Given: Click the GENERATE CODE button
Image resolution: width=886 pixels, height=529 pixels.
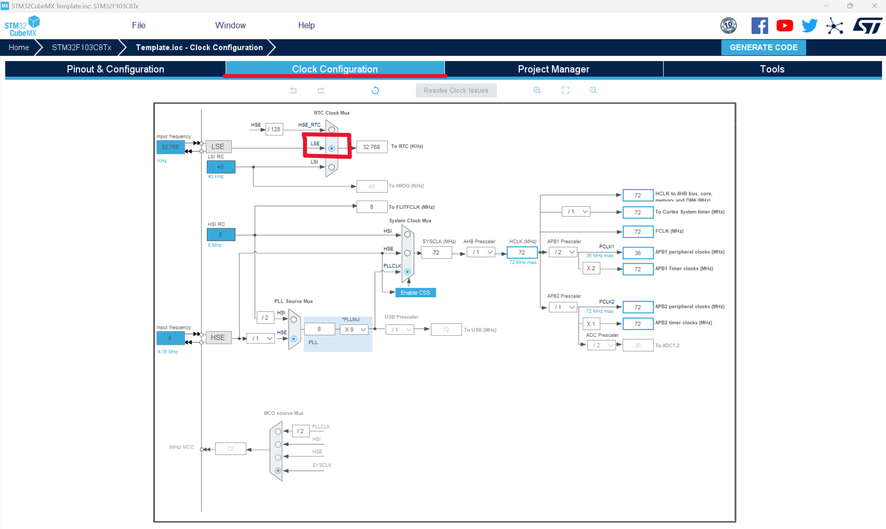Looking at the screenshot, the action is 763,48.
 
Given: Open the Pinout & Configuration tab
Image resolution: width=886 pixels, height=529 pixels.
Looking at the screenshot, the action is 115,69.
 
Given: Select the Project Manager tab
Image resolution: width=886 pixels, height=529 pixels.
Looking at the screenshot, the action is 553,69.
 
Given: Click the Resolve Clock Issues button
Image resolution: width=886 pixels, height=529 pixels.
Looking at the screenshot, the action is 456,91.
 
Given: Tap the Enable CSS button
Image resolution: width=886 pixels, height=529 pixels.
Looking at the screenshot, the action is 415,293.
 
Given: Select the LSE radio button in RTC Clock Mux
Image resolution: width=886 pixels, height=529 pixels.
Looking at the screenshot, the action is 331,148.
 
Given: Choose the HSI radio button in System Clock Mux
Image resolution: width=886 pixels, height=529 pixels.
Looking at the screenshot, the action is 407,234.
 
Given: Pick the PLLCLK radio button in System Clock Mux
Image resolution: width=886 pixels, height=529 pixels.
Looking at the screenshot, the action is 407,272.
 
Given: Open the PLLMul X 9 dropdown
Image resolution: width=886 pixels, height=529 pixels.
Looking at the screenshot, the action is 355,330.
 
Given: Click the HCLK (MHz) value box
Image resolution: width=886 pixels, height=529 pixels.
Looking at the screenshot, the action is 521,253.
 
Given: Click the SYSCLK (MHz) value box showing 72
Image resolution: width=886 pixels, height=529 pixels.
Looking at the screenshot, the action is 436,253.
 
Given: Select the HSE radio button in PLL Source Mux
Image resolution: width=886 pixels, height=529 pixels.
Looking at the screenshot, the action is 294,339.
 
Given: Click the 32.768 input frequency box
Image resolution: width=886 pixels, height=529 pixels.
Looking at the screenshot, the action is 170,147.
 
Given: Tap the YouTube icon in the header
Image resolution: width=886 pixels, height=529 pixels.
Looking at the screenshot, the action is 784,26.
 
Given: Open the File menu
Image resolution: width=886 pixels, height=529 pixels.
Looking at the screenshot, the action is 139,25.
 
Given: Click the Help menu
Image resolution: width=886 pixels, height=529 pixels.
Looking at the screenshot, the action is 306,25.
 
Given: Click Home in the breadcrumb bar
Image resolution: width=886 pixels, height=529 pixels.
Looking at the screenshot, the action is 18,48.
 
